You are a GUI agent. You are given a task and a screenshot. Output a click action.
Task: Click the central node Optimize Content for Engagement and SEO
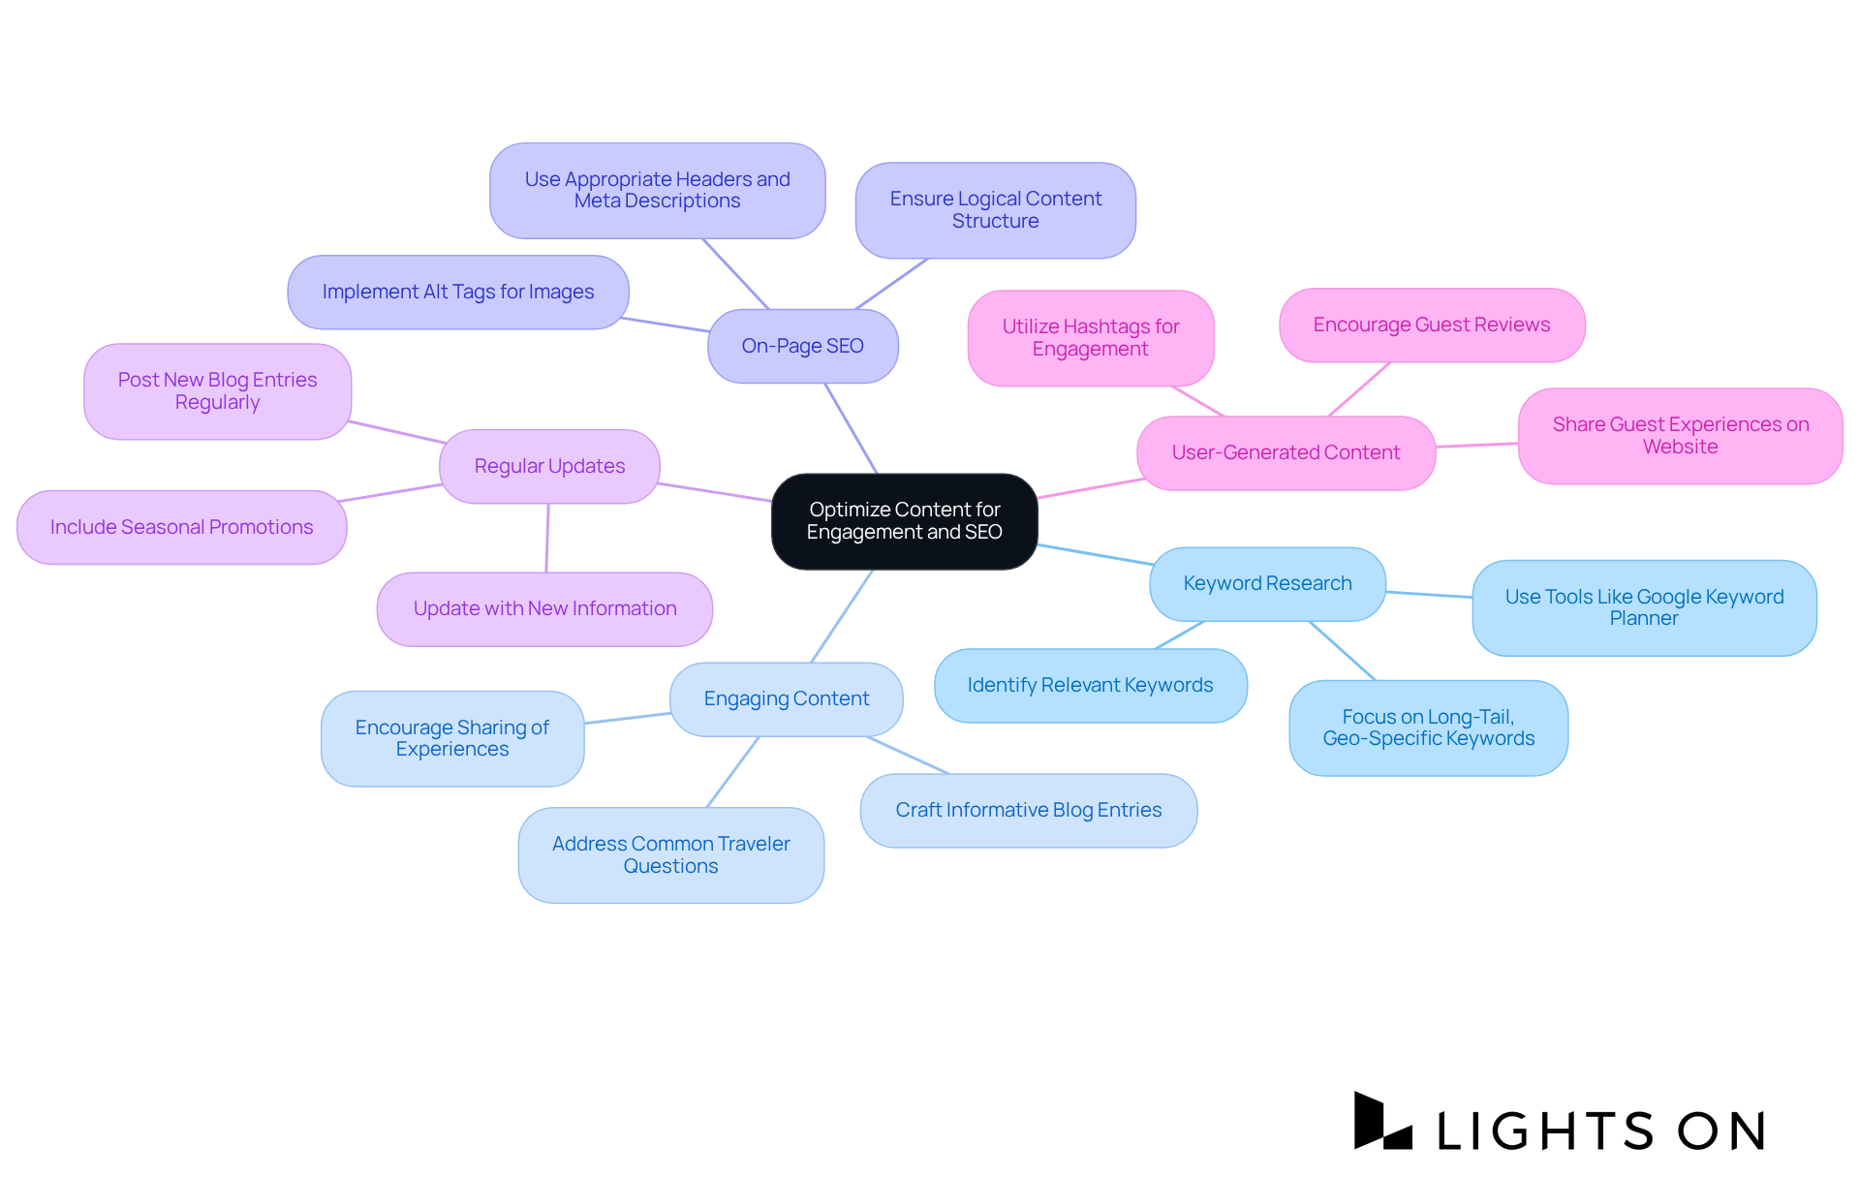point(904,521)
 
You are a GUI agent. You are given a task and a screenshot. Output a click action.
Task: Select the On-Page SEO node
point(802,346)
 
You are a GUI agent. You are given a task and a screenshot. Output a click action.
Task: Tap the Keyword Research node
point(1267,583)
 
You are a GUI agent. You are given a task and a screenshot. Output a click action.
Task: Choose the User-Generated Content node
point(1286,452)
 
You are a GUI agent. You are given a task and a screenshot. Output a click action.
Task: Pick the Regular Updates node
point(549,466)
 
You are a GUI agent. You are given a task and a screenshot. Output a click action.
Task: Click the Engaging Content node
point(786,698)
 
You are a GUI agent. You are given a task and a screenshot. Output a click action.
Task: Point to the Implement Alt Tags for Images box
point(457,292)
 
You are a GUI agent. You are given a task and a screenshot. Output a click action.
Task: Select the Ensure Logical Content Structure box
point(995,210)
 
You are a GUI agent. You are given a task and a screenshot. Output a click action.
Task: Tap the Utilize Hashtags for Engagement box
point(1090,338)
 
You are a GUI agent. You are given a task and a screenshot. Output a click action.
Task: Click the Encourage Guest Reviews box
point(1431,325)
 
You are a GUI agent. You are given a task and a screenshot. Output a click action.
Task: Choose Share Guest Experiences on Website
point(1680,436)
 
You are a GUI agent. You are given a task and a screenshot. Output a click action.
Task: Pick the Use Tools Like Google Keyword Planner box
point(1644,607)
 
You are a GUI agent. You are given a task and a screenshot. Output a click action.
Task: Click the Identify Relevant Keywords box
point(1090,685)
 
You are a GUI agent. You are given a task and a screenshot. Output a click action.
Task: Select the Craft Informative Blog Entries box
point(1028,810)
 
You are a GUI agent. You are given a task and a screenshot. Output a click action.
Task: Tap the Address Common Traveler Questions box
point(670,854)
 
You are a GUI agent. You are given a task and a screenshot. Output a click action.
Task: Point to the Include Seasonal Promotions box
point(181,527)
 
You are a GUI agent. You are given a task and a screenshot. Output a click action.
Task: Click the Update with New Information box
point(544,608)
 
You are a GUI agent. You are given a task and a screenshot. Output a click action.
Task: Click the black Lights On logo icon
point(1381,1122)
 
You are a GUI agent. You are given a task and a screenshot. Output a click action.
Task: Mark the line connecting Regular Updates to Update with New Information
point(547,538)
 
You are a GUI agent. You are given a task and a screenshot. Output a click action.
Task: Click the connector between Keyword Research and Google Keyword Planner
point(1429,595)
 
